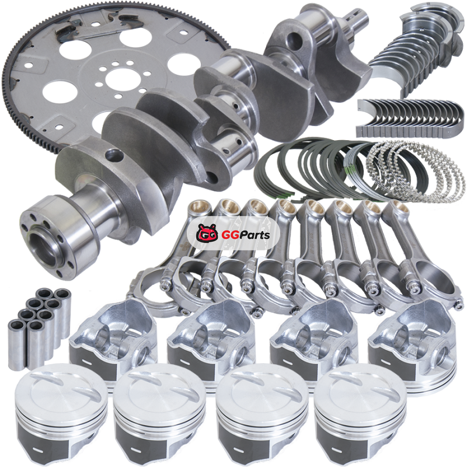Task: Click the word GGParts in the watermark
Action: point(246,235)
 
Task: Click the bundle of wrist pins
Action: point(39,327)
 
